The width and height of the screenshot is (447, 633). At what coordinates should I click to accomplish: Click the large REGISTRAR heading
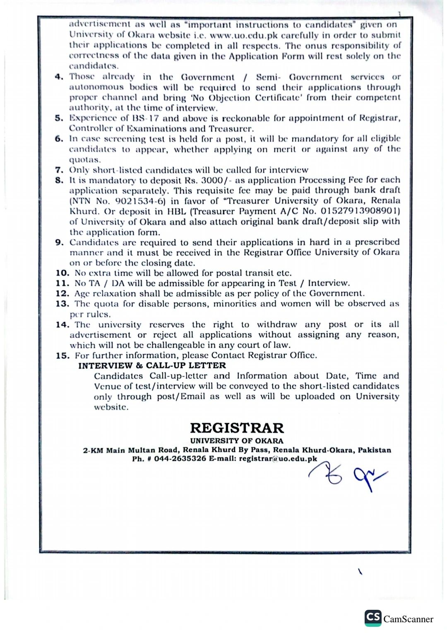click(237, 428)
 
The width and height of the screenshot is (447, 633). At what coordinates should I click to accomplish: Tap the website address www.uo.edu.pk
click(244, 35)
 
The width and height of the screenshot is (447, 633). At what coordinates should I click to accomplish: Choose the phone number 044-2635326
click(180, 459)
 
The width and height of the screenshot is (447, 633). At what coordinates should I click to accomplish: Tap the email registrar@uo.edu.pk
click(278, 459)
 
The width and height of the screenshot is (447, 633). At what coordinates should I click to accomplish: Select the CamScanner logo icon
click(373, 618)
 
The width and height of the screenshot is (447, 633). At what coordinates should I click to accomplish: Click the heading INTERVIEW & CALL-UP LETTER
click(152, 365)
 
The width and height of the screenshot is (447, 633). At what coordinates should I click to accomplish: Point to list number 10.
click(62, 273)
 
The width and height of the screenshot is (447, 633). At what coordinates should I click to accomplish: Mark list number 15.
click(62, 355)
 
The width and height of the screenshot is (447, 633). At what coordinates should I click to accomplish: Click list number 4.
click(59, 77)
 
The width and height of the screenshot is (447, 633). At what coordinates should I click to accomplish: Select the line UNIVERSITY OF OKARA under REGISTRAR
click(237, 441)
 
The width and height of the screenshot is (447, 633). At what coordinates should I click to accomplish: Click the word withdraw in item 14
click(277, 324)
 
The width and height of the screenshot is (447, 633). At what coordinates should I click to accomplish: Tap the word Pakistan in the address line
click(374, 450)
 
